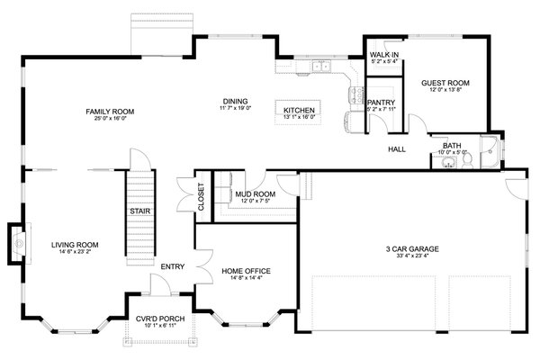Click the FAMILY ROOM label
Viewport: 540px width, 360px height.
pos(104,111)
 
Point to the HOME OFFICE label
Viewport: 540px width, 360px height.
pos(246,271)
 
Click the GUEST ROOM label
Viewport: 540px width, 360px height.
pos(446,82)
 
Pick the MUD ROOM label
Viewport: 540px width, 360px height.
pos(254,193)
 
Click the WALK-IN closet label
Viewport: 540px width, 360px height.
pos(384,56)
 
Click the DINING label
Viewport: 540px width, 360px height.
pos(235,101)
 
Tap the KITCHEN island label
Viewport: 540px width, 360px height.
pos(299,108)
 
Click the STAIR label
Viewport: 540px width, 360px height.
pos(139,212)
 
